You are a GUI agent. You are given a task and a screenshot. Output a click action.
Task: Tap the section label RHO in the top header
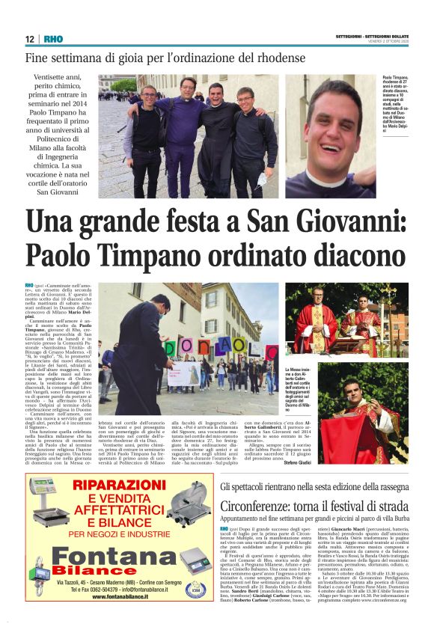53,40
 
